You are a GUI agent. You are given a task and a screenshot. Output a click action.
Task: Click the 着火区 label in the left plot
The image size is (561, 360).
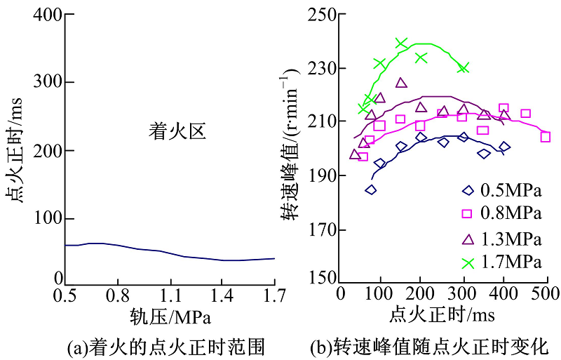[x=177, y=131]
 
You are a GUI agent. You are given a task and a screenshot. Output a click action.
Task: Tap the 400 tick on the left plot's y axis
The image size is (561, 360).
[x=46, y=15]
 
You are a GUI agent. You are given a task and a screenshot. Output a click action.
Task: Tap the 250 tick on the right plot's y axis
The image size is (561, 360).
[x=323, y=15]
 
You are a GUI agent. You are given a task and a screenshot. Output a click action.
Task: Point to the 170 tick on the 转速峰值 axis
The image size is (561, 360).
[x=323, y=230]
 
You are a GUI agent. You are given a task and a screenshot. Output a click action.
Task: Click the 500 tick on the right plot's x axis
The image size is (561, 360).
[x=544, y=292]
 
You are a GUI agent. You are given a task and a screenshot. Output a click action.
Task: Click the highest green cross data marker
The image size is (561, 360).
[x=401, y=44]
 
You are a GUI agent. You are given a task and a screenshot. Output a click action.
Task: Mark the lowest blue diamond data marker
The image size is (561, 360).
[x=370, y=189]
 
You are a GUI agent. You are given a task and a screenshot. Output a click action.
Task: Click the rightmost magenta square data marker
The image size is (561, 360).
[x=545, y=137]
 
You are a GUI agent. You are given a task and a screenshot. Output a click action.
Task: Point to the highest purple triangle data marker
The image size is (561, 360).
[x=401, y=83]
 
